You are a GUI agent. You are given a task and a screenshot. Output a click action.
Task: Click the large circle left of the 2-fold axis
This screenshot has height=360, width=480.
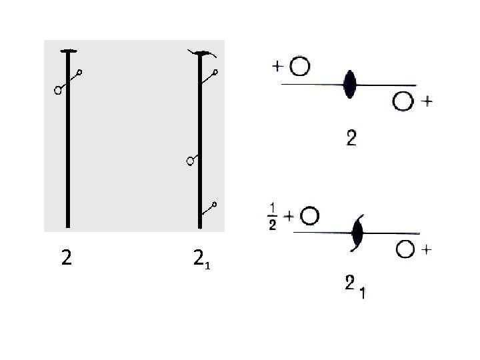[59, 90]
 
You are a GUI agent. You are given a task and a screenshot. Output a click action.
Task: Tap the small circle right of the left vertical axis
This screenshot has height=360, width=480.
[81, 72]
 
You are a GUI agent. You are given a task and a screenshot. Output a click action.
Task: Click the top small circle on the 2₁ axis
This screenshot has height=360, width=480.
[215, 72]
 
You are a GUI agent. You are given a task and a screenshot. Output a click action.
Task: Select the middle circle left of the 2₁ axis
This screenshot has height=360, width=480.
[190, 161]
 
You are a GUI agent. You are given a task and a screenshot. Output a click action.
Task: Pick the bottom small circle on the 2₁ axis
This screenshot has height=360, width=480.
[215, 203]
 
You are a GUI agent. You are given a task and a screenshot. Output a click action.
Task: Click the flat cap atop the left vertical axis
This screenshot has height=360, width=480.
[67, 51]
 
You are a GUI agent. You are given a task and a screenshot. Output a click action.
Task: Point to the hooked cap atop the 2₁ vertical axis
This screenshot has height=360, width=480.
[199, 52]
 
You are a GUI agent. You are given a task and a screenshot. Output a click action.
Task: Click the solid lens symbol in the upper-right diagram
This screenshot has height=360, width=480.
[349, 85]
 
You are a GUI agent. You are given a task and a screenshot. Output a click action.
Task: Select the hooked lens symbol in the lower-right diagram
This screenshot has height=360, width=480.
[357, 233]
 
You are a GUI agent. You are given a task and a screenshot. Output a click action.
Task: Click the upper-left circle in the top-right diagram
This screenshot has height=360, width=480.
[301, 67]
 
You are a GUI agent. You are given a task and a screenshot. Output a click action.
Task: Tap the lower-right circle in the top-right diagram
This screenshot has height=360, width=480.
[402, 102]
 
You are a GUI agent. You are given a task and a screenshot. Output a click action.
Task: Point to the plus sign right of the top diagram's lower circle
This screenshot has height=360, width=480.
[427, 102]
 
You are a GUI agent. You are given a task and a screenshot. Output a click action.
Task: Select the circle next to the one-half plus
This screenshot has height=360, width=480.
[310, 216]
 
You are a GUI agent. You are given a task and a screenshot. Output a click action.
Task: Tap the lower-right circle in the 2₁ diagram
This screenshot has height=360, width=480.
[405, 251]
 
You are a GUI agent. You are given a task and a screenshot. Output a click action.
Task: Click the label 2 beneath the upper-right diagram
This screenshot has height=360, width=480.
[351, 139]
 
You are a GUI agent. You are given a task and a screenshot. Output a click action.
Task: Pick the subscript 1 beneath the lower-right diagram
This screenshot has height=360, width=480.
[361, 291]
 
